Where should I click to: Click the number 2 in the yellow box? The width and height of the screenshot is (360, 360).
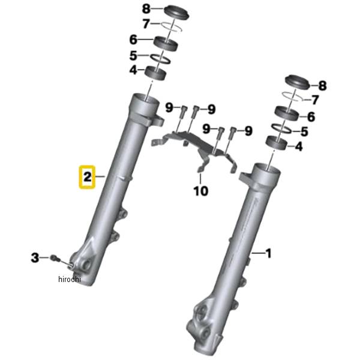(x=87, y=177)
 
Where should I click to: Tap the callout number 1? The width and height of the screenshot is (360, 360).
(x=268, y=254)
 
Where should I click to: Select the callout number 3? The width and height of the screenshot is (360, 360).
(x=35, y=258)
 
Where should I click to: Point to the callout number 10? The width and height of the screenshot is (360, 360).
(x=200, y=191)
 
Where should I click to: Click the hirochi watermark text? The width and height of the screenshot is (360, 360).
(x=69, y=280)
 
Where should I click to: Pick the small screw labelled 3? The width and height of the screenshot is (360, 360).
(x=56, y=258)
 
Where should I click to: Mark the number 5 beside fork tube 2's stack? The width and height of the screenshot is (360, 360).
(x=133, y=56)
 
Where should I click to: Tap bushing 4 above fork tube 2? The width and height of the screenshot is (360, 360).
(x=157, y=71)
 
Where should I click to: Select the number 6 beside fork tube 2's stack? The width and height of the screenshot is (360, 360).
(x=133, y=41)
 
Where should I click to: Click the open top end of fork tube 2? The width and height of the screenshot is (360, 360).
(x=145, y=99)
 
